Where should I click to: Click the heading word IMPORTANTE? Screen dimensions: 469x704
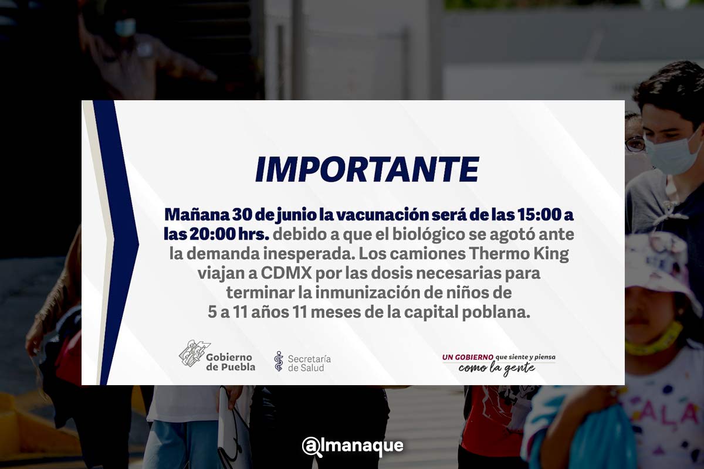click(367, 169)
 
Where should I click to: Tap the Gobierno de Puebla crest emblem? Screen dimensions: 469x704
click(194, 354)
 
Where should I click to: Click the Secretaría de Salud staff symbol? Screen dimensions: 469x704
click(279, 361)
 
